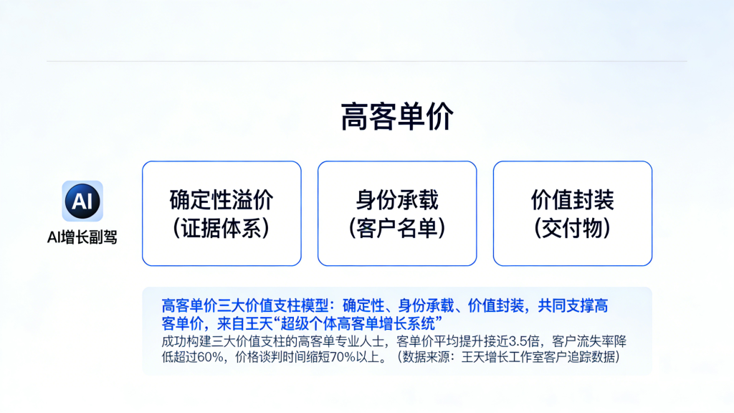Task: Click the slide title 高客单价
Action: [x=397, y=117]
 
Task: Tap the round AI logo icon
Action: [x=82, y=201]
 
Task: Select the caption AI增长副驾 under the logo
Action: [x=82, y=237]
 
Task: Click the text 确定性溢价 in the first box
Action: [x=221, y=200]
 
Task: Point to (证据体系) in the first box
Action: [x=221, y=229]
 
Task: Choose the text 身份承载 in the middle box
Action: [x=397, y=200]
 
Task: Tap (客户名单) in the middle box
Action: [x=397, y=229]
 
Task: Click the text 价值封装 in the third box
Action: [x=573, y=200]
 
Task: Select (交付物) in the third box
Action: [x=573, y=229]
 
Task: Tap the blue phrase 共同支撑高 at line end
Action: [x=573, y=305]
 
